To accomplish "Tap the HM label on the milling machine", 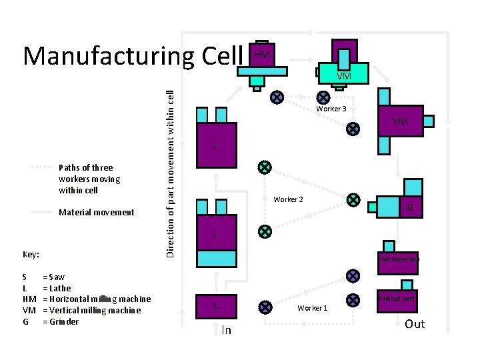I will point(262,55).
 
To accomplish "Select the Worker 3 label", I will point(331,109).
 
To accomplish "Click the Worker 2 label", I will point(288,199).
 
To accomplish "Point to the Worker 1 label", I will point(312,308).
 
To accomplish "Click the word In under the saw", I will point(226,330).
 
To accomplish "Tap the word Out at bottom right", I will point(415,324).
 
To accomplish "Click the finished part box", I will point(399,299).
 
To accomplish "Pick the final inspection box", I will point(399,259).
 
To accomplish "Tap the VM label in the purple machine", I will point(400,121).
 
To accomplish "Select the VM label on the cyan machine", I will point(343,76).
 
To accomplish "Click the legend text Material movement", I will point(97,213).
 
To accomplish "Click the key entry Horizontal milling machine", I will point(96,299).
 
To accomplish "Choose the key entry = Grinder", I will point(60,321).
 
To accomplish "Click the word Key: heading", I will point(31,255).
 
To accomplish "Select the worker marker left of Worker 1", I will point(265,307).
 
